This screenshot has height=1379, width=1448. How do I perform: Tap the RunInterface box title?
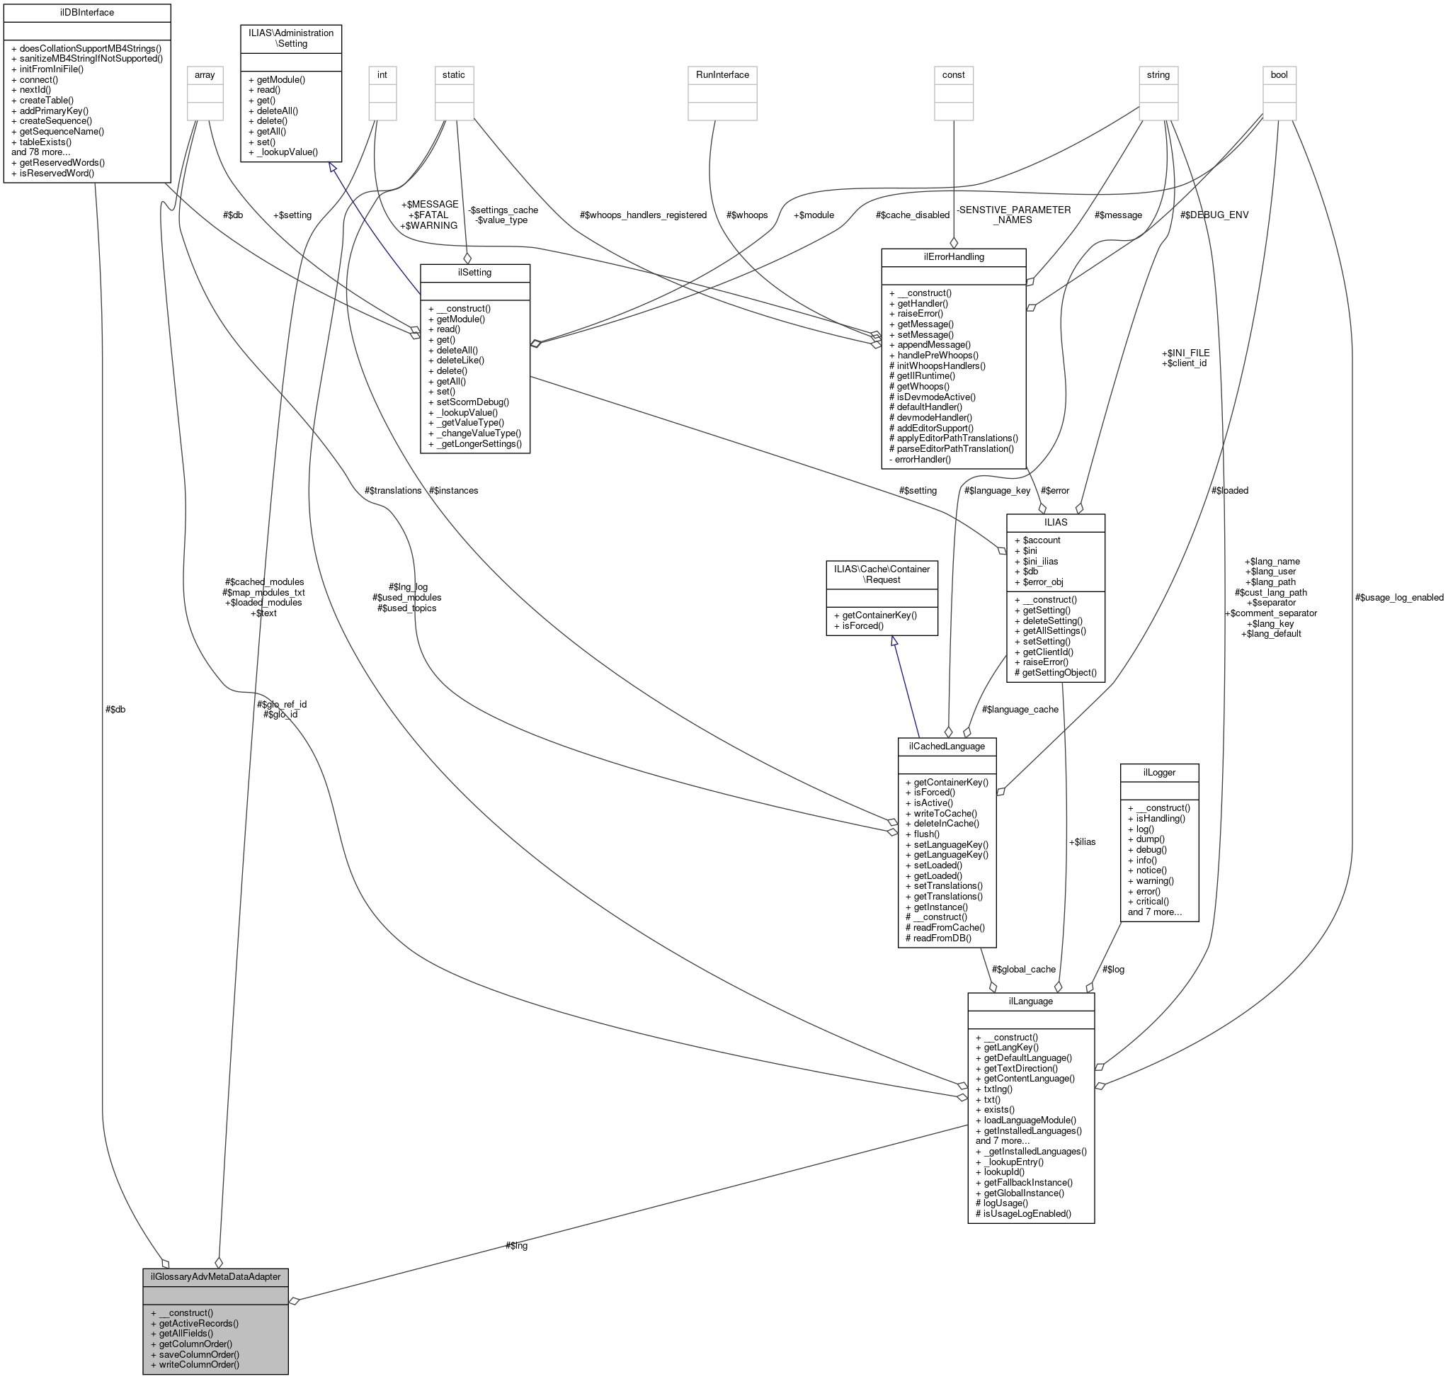[722, 75]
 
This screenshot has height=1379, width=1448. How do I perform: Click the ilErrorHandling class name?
[953, 257]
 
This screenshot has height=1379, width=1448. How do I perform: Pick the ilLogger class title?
[1159, 773]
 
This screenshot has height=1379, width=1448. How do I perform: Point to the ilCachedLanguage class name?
[947, 746]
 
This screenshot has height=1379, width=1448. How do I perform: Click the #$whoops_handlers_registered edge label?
[642, 215]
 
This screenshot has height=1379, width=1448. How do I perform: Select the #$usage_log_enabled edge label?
[1398, 598]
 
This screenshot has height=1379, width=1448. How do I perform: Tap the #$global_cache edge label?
[1023, 970]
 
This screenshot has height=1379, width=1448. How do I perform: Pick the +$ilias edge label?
[1082, 841]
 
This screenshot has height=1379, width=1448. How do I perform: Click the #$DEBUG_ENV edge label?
[1214, 215]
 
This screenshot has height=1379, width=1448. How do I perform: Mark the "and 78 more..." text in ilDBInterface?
[41, 152]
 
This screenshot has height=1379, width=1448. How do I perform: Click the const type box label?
[953, 75]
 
